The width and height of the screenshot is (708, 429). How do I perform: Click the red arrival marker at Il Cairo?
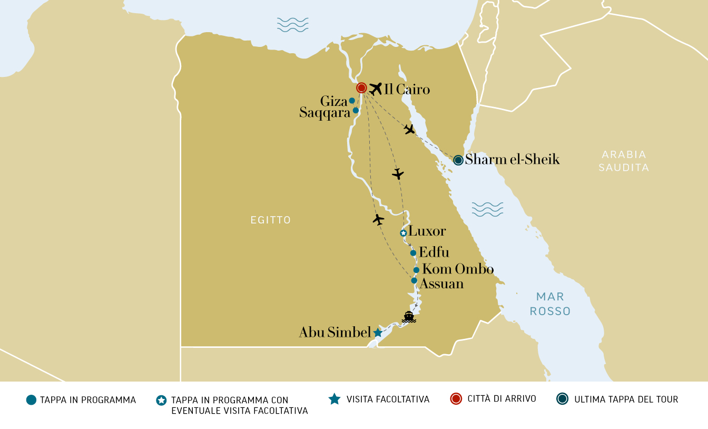tap(361, 88)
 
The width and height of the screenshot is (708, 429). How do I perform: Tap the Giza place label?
tap(333, 101)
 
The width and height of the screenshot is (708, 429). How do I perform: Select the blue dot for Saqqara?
tap(356, 110)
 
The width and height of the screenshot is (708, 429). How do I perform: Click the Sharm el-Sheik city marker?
tap(458, 160)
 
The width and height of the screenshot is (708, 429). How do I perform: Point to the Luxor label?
tap(427, 231)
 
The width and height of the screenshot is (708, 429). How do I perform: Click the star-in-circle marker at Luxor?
tap(403, 233)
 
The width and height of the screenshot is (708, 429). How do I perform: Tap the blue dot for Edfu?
tap(413, 253)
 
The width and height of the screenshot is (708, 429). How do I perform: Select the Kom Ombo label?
tap(458, 269)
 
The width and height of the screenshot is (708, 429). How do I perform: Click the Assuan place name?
tap(441, 284)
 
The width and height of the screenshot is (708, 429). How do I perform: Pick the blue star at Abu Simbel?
tap(378, 333)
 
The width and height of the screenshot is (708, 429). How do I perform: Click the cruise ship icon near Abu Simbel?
tap(409, 317)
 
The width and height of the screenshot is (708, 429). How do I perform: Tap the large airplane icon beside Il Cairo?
tap(376, 89)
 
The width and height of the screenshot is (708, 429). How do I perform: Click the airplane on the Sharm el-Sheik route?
tap(409, 129)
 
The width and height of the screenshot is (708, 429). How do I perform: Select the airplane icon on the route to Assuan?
tap(378, 219)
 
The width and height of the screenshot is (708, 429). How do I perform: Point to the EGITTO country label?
tap(271, 220)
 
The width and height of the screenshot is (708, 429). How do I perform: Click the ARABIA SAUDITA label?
tap(624, 161)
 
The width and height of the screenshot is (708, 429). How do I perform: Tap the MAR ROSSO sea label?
tap(550, 304)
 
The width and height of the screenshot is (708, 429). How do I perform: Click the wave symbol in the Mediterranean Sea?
tap(292, 25)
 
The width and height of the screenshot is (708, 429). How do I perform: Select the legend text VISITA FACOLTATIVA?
tap(388, 399)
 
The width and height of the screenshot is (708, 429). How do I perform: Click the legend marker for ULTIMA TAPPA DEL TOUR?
tap(562, 399)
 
